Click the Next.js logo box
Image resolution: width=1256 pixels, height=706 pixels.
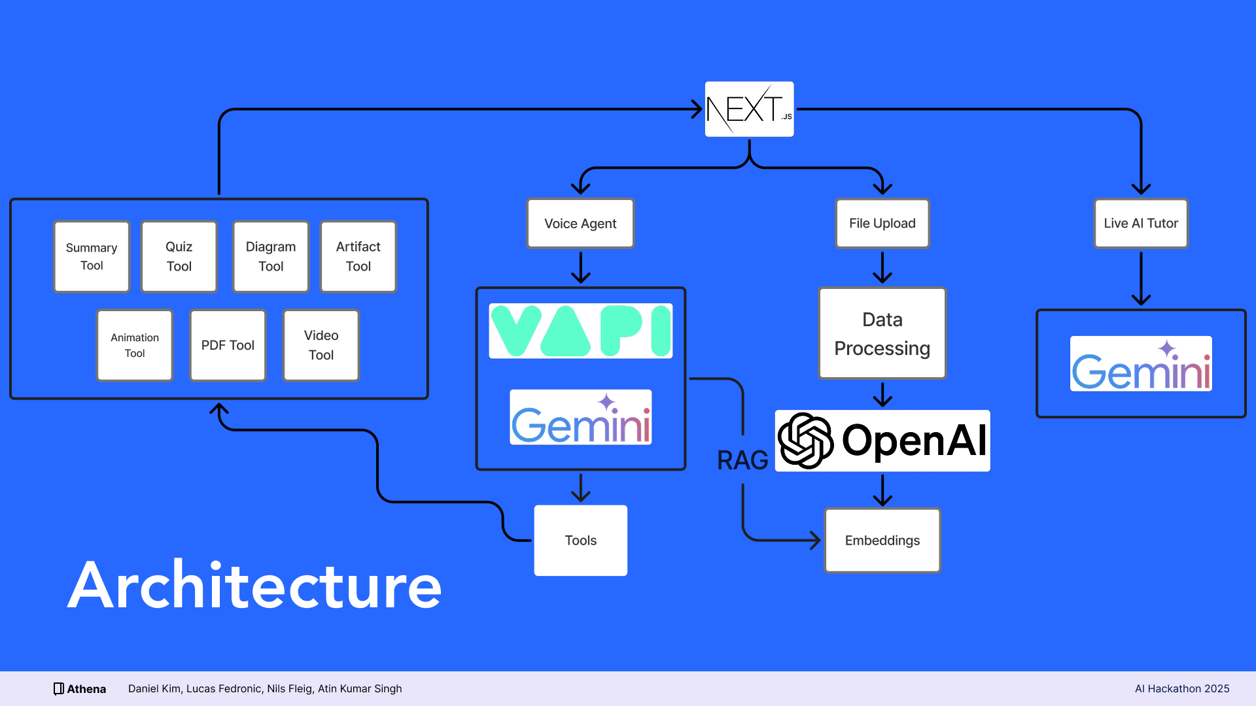point(749,109)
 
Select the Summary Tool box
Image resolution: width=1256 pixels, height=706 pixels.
point(92,256)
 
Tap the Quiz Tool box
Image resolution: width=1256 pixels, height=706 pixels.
point(179,256)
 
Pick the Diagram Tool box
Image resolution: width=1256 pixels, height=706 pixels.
point(271,256)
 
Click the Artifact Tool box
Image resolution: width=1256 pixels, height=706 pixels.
point(358,256)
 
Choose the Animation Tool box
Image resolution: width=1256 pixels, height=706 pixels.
point(135,345)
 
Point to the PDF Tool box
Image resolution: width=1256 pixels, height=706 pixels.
point(228,345)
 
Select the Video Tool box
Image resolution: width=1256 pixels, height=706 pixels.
point(321,345)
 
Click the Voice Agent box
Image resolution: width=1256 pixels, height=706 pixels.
point(580,224)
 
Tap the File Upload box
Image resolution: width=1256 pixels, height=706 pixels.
point(882,224)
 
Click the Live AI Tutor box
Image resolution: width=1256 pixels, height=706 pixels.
point(1141,224)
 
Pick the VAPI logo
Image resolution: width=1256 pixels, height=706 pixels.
point(580,331)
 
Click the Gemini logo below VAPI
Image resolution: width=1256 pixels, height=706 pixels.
point(580,418)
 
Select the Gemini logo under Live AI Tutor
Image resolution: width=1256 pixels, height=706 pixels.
point(1141,364)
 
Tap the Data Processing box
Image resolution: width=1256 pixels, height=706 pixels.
point(882,333)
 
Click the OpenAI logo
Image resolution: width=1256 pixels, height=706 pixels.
point(882,441)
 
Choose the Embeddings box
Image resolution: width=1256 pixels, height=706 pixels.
point(882,541)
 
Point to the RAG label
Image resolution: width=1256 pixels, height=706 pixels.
point(742,461)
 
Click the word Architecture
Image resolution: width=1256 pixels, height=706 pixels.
point(255,586)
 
